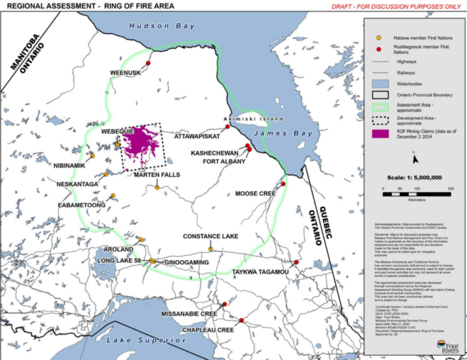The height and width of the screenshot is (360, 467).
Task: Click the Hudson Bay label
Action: coord(162,26)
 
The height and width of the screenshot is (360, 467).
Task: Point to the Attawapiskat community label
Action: coord(197,137)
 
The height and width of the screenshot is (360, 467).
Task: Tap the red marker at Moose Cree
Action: coord(283,183)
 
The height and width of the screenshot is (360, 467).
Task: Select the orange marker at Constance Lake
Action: coord(210,249)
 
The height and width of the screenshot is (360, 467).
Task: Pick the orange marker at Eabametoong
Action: coord(112,196)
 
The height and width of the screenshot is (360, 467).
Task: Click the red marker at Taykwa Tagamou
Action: coord(296,262)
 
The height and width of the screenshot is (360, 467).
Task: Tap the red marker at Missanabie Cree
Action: coord(226,303)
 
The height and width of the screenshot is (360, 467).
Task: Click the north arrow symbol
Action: coord(414,159)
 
